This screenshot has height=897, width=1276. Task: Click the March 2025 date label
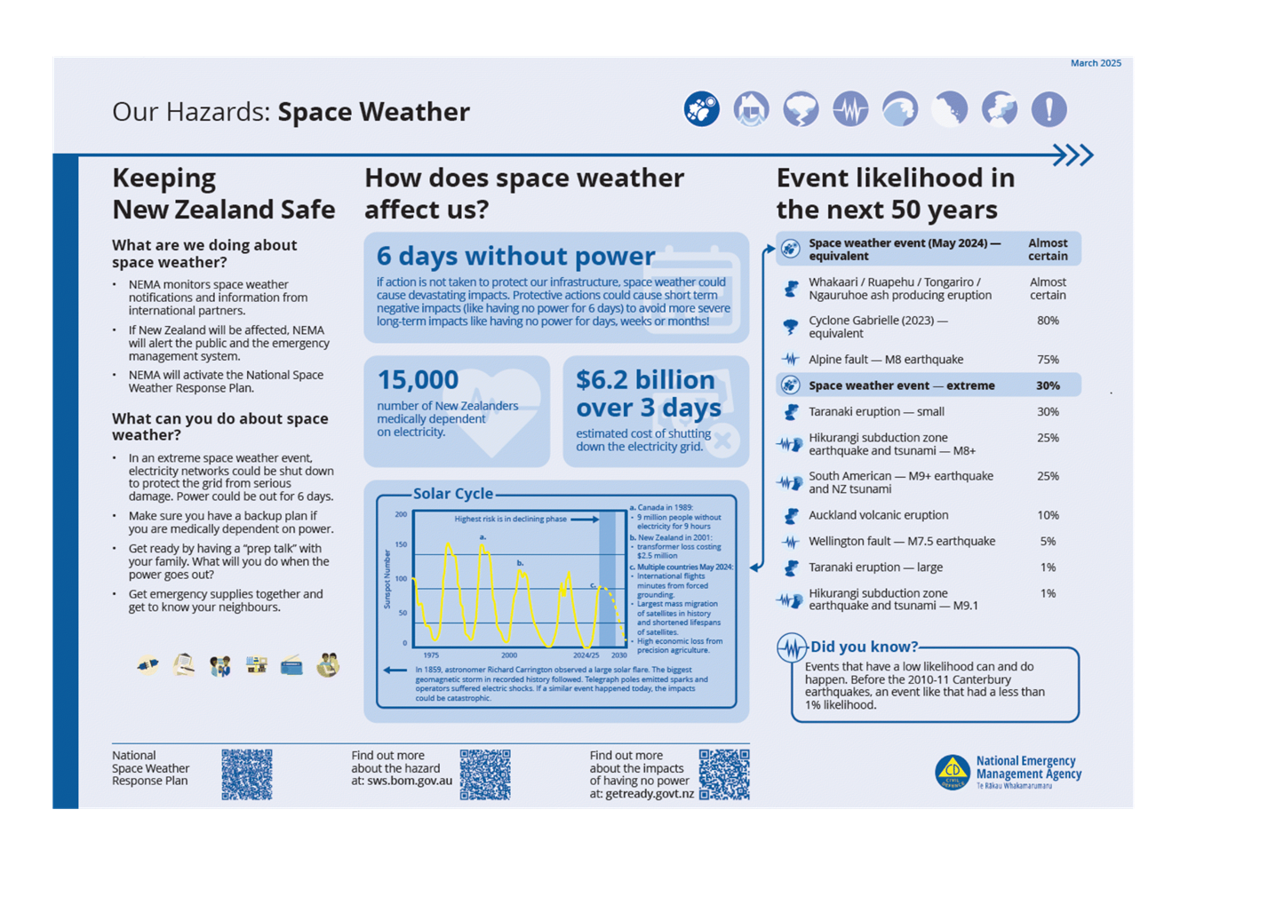pos(1096,63)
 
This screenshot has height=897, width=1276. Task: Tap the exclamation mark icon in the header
pos(1049,109)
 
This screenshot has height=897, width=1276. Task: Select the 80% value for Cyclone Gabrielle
pos(1048,321)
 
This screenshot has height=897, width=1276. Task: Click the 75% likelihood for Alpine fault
pos(1048,360)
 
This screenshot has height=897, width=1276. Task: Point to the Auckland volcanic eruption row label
pos(878,515)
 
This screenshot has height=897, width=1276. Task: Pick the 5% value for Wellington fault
pos(1048,541)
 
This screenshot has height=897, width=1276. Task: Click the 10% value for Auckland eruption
pos(1048,515)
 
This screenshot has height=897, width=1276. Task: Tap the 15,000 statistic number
pos(418,380)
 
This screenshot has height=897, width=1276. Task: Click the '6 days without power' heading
pos(515,256)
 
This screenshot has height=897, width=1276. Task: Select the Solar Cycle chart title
pos(452,494)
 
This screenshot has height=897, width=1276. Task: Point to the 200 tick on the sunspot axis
pos(401,514)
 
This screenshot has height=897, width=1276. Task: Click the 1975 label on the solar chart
pos(431,655)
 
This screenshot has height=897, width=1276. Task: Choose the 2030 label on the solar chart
pos(618,655)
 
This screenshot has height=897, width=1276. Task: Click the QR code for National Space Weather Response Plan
pos(247,774)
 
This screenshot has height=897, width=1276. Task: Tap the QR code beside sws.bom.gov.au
pos(485,774)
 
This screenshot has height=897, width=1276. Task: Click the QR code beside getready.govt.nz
pos(724,774)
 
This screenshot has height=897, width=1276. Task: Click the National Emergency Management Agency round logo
pos(953,772)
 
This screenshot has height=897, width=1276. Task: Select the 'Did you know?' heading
pos(864,647)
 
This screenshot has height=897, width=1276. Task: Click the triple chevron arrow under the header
pos(1073,155)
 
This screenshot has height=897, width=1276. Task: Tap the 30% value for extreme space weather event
pos(1048,385)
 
